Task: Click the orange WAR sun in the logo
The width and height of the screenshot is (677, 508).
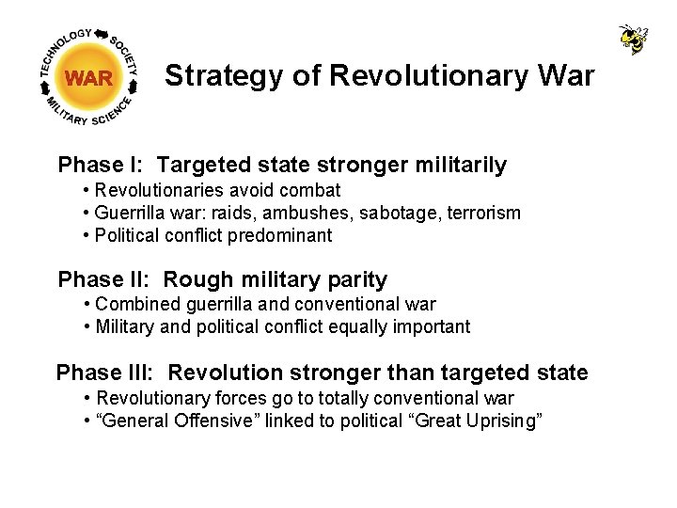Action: tap(89, 78)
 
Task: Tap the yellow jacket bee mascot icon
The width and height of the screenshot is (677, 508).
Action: tap(634, 39)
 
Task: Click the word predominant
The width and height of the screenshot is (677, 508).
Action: tap(281, 235)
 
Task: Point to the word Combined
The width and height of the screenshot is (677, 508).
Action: tap(134, 304)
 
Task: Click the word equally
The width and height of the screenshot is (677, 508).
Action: tap(356, 326)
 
